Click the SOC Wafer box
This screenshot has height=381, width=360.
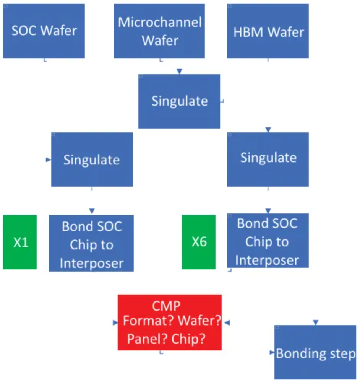click(x=44, y=31)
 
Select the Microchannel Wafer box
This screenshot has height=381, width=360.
click(x=159, y=31)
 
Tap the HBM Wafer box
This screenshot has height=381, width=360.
click(x=268, y=31)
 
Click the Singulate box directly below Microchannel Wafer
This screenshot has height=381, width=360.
click(x=179, y=101)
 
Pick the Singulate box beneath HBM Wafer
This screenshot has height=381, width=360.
click(x=268, y=159)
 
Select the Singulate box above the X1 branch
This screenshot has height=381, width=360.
click(x=92, y=160)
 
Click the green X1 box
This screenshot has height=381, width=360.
click(x=20, y=243)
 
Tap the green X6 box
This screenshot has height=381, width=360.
click(x=199, y=242)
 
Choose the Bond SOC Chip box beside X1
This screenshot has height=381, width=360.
click(x=91, y=243)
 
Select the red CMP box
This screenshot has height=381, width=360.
click(x=170, y=322)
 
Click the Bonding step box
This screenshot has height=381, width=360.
click(x=315, y=352)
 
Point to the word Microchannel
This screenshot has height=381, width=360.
click(x=160, y=22)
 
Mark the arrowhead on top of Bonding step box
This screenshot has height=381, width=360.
click(x=315, y=323)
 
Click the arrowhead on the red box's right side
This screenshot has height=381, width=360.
click(x=227, y=323)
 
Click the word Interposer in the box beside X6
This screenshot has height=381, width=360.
click(x=267, y=260)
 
